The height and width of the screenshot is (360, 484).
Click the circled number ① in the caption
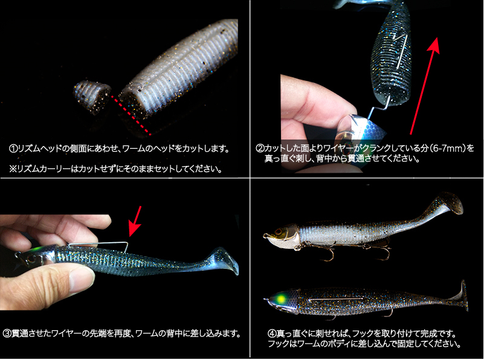(13, 149)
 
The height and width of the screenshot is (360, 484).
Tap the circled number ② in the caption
(260, 149)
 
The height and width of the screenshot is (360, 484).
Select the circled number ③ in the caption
(7, 333)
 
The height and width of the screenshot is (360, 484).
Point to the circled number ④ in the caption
(272, 333)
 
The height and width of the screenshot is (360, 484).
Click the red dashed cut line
(131, 115)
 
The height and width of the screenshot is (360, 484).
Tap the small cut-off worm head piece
(92, 97)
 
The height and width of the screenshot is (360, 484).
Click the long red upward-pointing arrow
(424, 86)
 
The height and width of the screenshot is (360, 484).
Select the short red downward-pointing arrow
(135, 221)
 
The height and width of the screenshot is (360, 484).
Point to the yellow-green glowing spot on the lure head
(281, 299)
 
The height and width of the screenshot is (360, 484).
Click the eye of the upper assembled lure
(279, 231)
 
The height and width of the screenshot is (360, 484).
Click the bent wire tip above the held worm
(126, 247)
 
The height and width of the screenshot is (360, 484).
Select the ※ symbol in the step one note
(13, 169)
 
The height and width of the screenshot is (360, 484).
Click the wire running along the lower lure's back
(336, 299)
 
